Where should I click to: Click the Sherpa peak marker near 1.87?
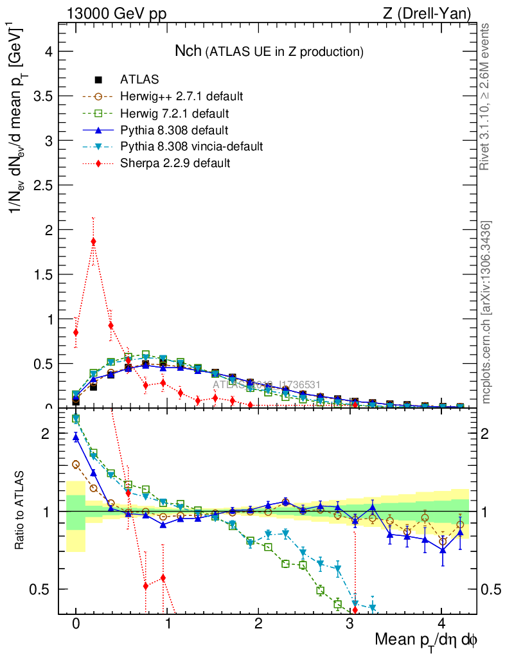[94, 242]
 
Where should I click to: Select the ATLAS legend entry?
[139, 80]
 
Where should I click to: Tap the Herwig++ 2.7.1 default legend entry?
[181, 96]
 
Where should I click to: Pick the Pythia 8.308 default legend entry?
[175, 130]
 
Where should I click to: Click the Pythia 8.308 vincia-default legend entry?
[191, 147]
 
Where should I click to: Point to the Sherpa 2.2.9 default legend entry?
[175, 163]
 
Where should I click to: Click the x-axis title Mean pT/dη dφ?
[426, 640]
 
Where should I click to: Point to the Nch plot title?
[269, 51]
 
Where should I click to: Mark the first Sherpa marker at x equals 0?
[76, 332]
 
